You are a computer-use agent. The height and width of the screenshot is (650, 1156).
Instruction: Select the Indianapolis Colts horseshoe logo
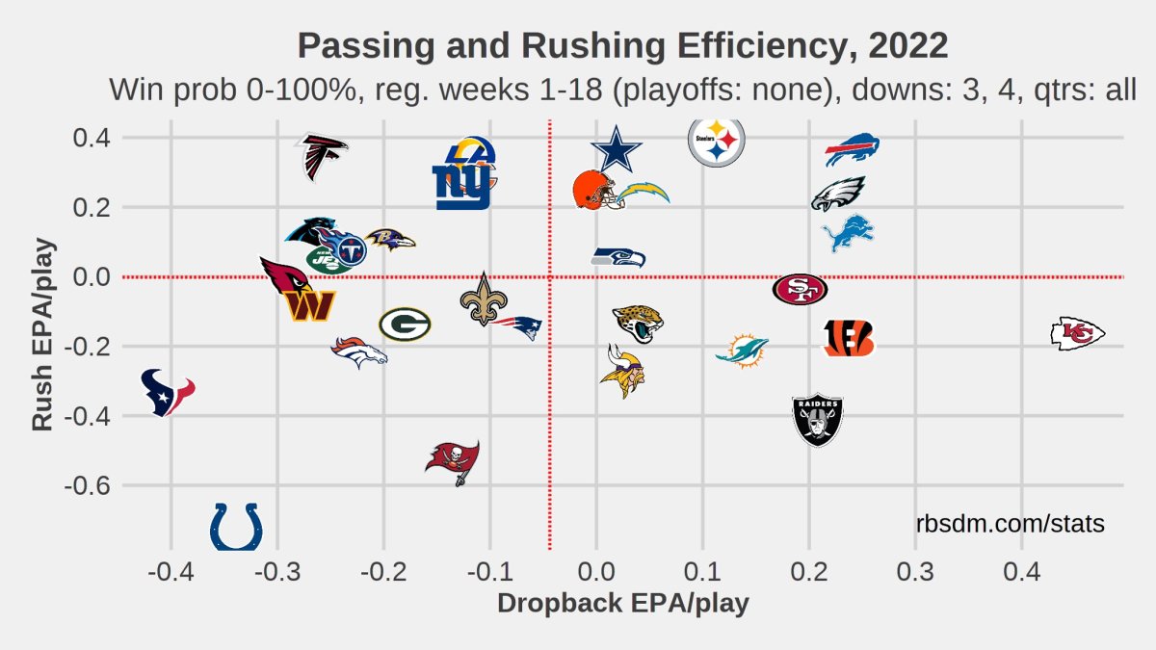[x=236, y=526]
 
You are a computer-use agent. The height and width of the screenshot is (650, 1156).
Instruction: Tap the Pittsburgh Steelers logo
[x=716, y=143]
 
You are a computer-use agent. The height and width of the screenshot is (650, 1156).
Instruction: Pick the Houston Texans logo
[x=167, y=391]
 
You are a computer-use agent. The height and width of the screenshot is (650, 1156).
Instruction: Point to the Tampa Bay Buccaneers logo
[x=453, y=461]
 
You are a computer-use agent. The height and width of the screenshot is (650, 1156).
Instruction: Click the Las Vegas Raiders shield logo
[x=818, y=420]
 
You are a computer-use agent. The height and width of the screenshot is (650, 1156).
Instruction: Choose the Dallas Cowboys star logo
[x=616, y=151]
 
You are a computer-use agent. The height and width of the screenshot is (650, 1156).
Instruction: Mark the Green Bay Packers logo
[x=405, y=325]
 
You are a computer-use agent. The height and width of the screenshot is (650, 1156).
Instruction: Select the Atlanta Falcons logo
[x=320, y=157]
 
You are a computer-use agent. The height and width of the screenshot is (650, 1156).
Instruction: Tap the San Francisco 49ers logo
[x=800, y=288]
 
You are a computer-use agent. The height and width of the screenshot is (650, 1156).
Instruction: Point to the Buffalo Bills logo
[x=852, y=150]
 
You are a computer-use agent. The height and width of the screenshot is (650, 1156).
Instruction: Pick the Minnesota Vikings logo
[x=621, y=371]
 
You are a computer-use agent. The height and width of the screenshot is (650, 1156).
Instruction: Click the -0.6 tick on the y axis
[x=89, y=485]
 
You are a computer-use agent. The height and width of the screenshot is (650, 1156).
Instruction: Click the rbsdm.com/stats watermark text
[x=1010, y=524]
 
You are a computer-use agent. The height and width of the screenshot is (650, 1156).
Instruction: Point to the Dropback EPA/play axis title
[x=622, y=604]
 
